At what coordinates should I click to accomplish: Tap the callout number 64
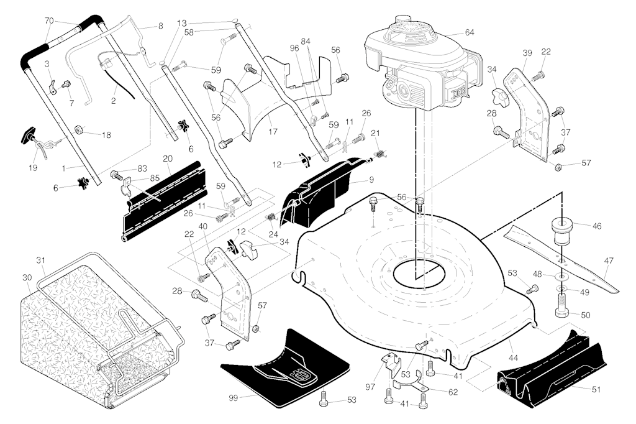point(470,32)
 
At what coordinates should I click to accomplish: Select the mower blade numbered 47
point(561,259)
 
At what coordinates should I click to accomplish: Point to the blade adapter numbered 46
point(561,233)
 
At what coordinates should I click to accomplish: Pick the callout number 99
point(234,398)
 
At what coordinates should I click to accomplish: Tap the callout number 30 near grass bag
point(27,278)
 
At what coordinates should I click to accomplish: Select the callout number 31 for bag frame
point(41,260)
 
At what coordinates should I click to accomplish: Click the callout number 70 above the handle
point(48,21)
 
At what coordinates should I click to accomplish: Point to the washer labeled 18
point(79,130)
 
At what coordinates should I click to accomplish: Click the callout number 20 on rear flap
point(168,159)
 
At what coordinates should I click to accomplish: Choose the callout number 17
point(273,132)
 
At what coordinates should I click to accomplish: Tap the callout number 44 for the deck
point(513,358)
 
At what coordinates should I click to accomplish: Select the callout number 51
point(596,389)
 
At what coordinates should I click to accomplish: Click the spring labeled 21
point(380,154)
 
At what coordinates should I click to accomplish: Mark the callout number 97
point(370,387)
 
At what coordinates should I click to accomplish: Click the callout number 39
point(527,53)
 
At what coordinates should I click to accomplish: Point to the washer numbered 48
point(561,277)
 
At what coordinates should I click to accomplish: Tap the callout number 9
point(371,180)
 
